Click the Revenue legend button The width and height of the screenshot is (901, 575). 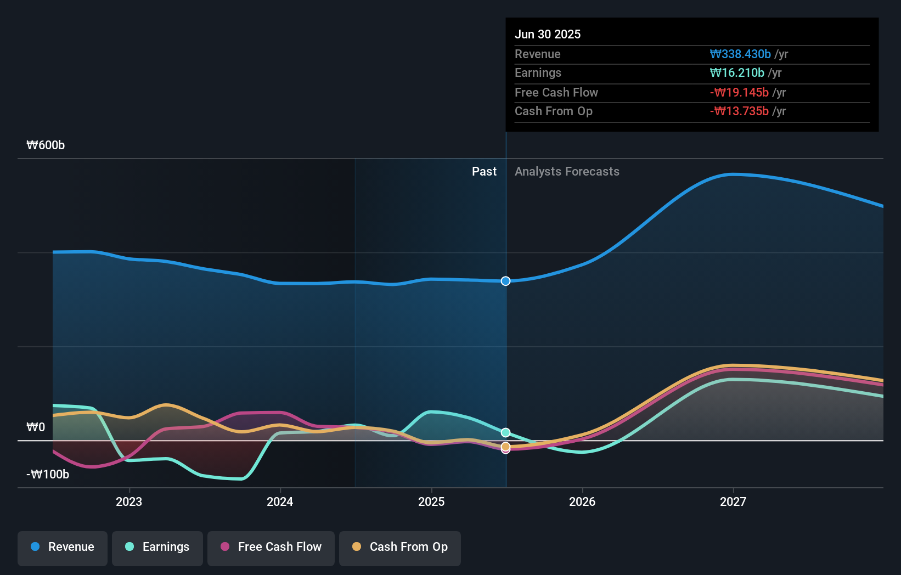(63, 548)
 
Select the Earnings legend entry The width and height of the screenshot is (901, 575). (157, 548)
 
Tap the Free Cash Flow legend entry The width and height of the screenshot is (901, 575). (271, 548)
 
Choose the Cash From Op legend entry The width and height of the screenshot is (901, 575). (400, 548)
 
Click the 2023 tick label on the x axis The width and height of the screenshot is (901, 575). (129, 502)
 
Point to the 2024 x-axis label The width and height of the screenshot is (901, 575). (280, 502)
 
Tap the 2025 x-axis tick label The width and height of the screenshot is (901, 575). (431, 502)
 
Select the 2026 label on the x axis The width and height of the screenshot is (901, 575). (582, 502)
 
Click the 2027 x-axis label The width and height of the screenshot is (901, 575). (733, 502)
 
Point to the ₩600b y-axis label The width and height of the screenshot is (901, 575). (46, 145)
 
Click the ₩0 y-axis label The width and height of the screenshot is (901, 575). (36, 427)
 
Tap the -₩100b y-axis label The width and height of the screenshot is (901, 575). (48, 475)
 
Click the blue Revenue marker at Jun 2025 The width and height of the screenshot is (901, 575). (505, 281)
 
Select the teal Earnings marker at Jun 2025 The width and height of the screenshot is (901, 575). (505, 432)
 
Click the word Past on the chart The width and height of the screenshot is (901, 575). (484, 172)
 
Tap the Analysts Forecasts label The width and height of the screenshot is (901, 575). (567, 172)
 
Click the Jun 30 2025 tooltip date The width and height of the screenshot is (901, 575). (548, 35)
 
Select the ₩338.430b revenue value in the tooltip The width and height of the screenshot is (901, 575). (740, 54)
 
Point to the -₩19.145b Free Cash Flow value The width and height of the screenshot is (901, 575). (739, 93)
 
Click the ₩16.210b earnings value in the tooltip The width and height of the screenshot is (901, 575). (737, 73)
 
